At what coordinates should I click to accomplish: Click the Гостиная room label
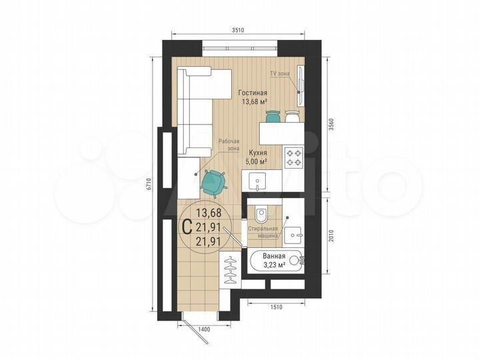[252, 93]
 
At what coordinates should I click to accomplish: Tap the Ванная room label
[274, 257]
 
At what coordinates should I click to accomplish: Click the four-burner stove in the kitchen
[294, 157]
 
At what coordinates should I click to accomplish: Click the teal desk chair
[213, 181]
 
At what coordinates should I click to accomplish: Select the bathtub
[276, 261]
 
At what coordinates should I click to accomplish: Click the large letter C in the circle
[188, 227]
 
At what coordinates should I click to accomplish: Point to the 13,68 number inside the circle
[209, 213]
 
